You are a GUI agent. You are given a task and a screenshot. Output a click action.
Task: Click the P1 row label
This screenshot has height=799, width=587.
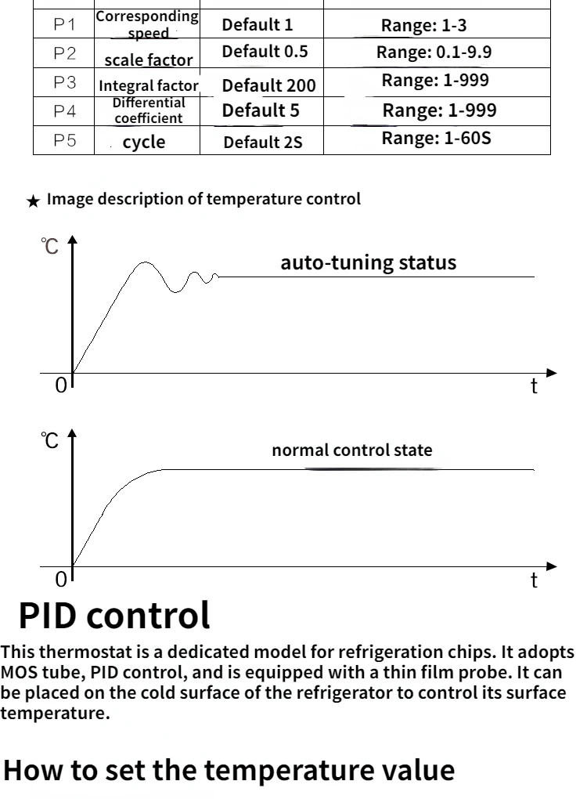65,25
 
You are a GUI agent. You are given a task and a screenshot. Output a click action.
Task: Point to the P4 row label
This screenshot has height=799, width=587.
65,111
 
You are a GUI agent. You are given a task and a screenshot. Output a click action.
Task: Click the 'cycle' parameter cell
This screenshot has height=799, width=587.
144,143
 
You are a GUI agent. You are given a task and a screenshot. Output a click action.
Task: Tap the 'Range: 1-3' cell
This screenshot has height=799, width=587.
423,25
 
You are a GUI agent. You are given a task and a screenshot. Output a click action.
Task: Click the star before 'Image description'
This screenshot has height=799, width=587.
33,201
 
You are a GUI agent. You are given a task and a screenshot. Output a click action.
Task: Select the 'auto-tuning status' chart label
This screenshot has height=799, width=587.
368,262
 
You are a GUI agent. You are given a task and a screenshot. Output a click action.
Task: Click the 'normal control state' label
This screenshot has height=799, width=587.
351,450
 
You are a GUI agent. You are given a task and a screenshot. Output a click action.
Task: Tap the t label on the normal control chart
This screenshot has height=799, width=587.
535,580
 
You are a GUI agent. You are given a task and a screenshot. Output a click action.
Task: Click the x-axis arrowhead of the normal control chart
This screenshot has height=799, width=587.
552,566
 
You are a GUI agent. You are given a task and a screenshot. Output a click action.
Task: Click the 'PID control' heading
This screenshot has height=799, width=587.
114,616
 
